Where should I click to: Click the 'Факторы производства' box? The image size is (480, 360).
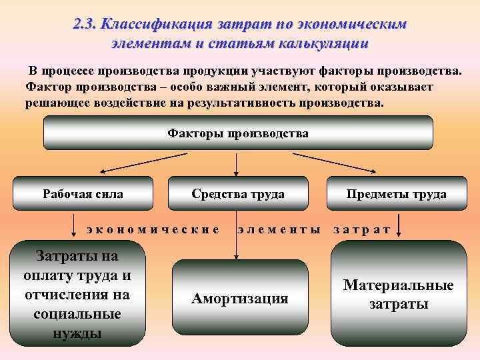[x=238, y=133]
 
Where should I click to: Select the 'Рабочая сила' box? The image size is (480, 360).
[x=83, y=194]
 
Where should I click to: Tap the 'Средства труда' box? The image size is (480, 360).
[x=238, y=194]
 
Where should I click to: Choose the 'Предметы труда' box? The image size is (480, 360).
[x=396, y=194]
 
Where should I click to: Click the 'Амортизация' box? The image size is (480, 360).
[x=239, y=298]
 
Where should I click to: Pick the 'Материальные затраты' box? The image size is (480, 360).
[x=398, y=294]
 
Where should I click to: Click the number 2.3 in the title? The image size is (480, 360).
[x=86, y=24]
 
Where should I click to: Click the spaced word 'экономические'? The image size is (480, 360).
[x=153, y=229]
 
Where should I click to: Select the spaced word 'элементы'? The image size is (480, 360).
[x=279, y=229]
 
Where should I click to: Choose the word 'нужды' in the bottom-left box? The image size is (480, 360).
[x=77, y=331]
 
